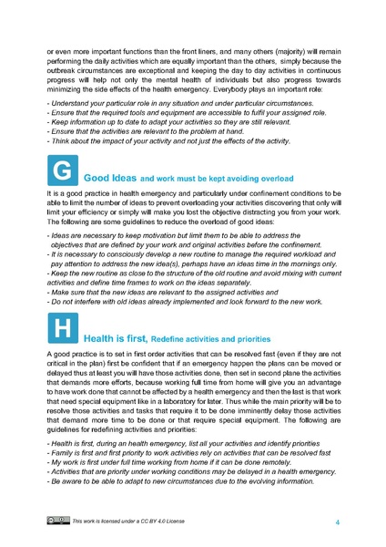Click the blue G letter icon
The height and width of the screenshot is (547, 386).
click(61, 170)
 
